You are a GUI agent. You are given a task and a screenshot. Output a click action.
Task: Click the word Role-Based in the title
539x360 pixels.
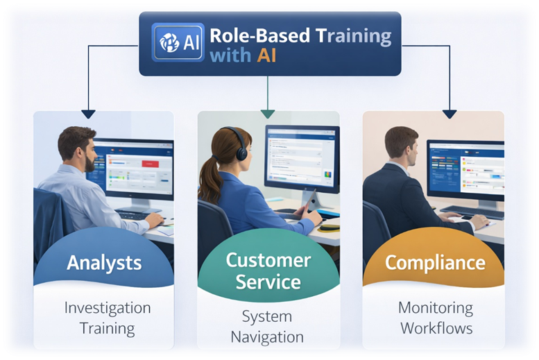click(250, 36)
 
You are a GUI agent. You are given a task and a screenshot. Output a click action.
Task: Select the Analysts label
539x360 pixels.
click(104, 263)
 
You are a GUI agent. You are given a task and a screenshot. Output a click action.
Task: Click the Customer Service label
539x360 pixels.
click(268, 271)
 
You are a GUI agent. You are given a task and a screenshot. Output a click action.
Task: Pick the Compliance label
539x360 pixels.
click(435, 263)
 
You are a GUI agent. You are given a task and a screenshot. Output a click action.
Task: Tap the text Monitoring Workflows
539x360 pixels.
click(436, 318)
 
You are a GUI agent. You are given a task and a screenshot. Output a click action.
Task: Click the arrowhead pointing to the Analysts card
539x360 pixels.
click(87, 114)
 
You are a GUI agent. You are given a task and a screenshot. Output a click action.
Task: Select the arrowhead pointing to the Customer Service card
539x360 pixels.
click(268, 114)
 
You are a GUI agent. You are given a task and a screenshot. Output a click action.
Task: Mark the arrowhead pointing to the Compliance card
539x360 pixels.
click(450, 114)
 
